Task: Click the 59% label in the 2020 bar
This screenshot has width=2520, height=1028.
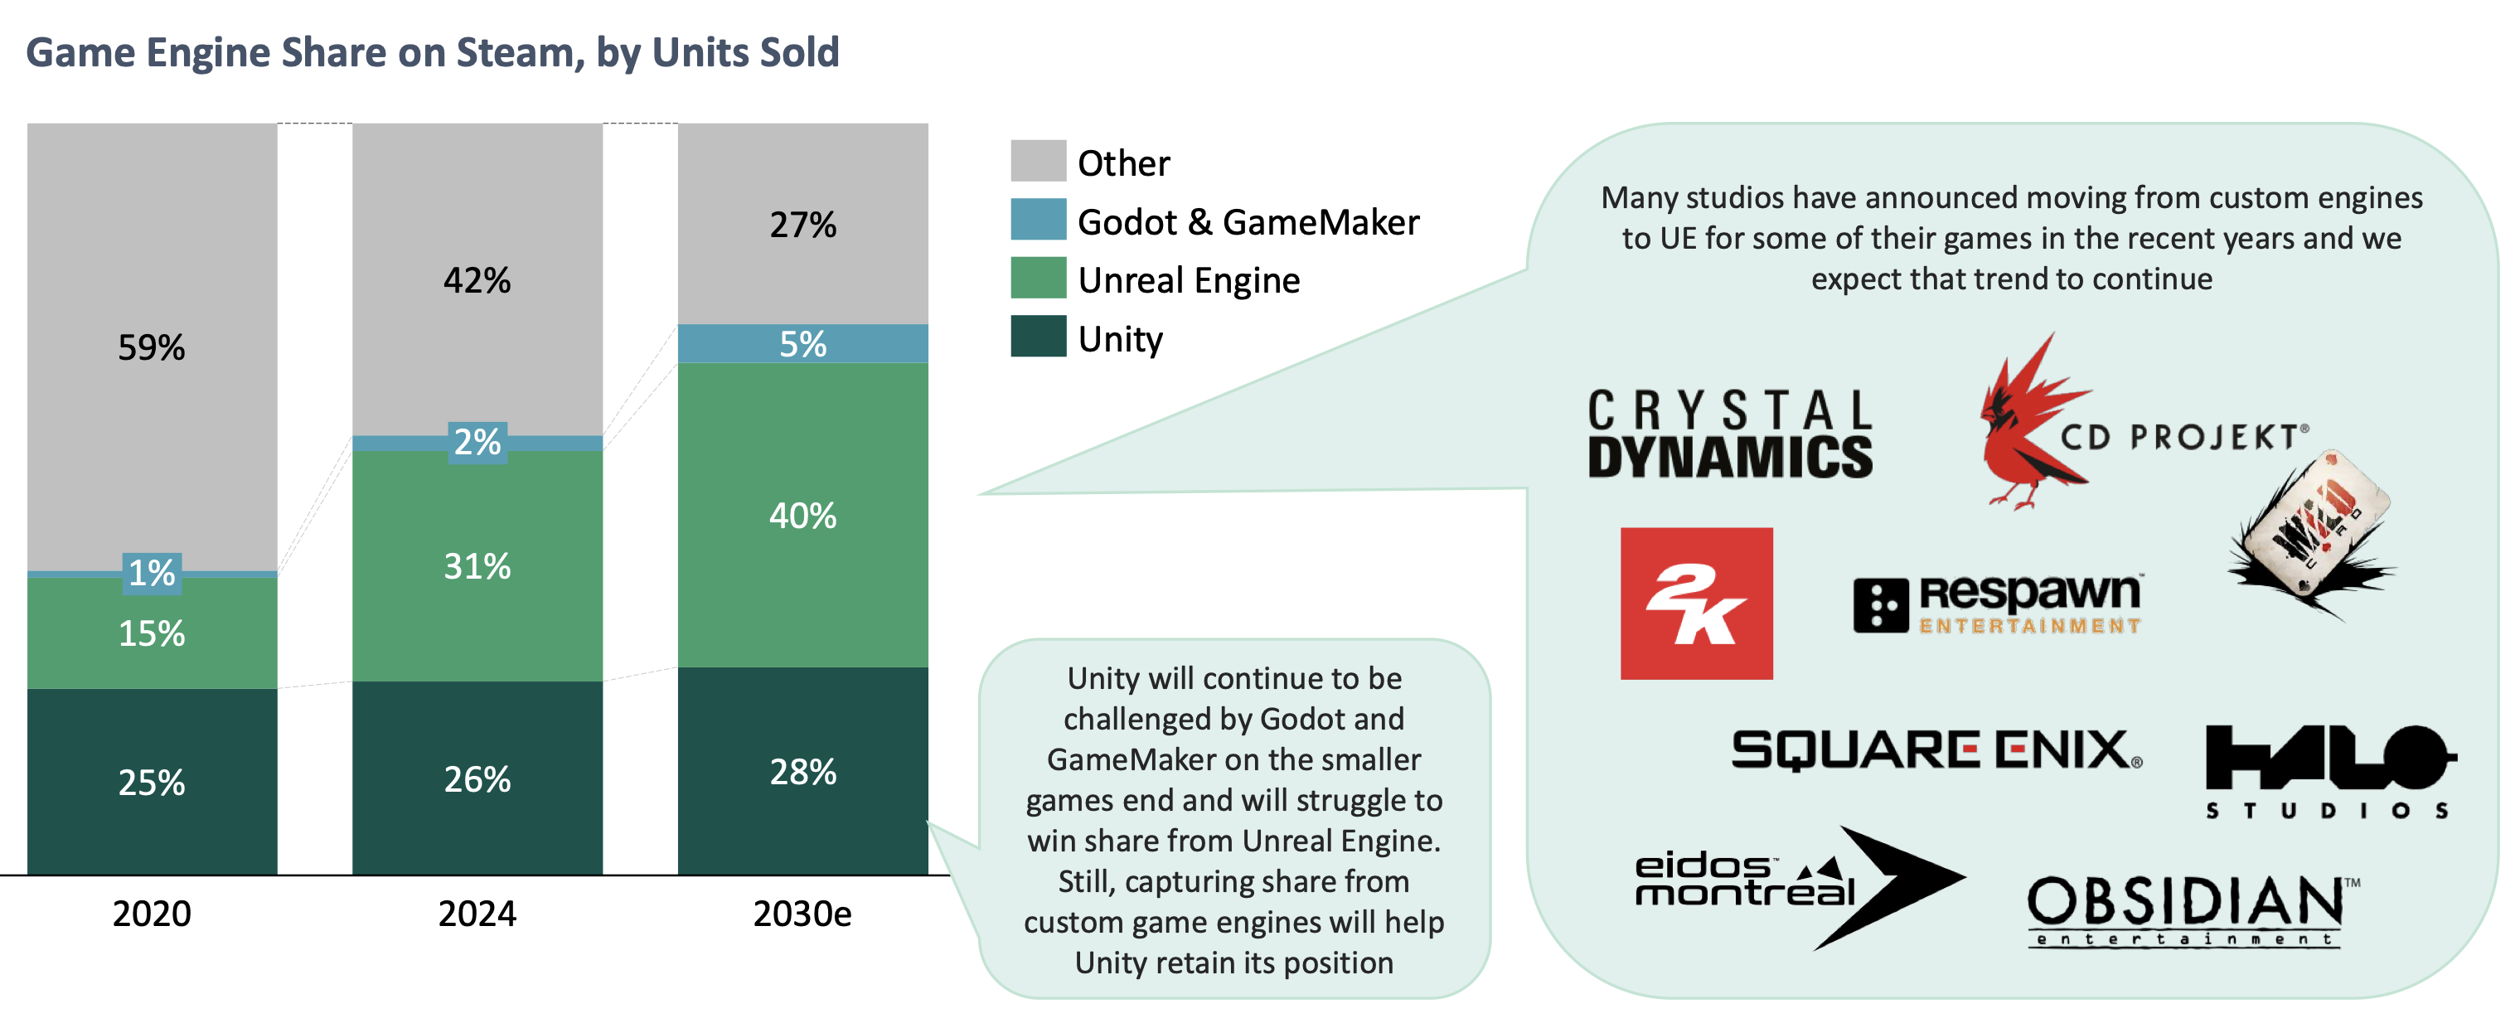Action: coord(151,347)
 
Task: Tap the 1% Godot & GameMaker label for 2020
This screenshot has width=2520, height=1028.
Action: coord(152,572)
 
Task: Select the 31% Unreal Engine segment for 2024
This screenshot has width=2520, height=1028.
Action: coord(477,565)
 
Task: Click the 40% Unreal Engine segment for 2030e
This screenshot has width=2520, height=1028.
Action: coord(802,515)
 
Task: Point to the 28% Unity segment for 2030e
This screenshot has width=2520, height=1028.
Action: coord(802,771)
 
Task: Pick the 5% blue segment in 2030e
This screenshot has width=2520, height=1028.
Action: coord(802,343)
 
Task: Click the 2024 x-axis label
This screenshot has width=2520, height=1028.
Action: coord(477,913)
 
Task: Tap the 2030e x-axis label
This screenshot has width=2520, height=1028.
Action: coord(802,913)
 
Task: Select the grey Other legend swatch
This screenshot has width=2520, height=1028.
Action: coord(1038,160)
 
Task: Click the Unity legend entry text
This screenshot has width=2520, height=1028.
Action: coord(1120,338)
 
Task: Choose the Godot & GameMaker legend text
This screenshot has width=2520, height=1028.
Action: coord(1248,222)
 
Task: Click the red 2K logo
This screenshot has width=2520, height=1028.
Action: coord(1696,603)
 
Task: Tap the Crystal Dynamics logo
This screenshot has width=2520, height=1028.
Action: coord(1729,434)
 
